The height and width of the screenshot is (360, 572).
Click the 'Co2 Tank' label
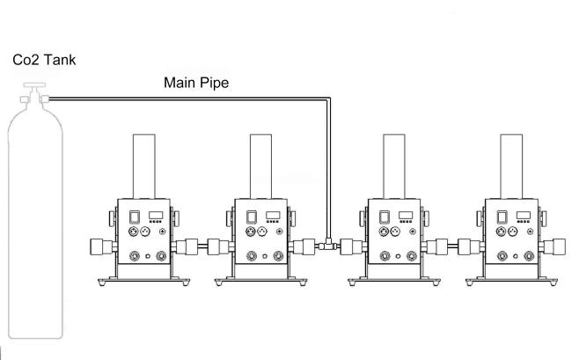(x=44, y=60)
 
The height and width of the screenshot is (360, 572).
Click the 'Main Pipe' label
(x=196, y=83)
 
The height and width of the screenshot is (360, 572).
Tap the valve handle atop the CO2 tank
(x=34, y=85)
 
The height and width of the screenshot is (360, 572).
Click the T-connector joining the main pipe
(x=327, y=245)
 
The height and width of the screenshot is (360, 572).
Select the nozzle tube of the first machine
(x=144, y=166)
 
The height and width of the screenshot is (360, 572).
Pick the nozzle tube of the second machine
(x=260, y=166)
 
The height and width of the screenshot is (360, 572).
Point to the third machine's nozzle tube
(x=394, y=166)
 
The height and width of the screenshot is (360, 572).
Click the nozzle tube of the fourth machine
(x=511, y=166)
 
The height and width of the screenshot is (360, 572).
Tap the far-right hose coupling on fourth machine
(x=556, y=246)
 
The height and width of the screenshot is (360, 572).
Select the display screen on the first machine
(x=156, y=215)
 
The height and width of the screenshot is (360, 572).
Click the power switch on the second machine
(x=252, y=217)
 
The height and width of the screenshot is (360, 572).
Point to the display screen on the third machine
(x=406, y=215)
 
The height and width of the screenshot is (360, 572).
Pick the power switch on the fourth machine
(x=502, y=217)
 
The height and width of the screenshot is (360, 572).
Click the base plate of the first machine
(x=144, y=281)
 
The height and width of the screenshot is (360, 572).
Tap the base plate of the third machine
(x=394, y=281)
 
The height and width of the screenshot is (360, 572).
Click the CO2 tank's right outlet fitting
(x=45, y=99)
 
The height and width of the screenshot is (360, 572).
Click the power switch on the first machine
(x=135, y=217)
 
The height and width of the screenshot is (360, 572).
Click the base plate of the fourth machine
(x=511, y=281)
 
